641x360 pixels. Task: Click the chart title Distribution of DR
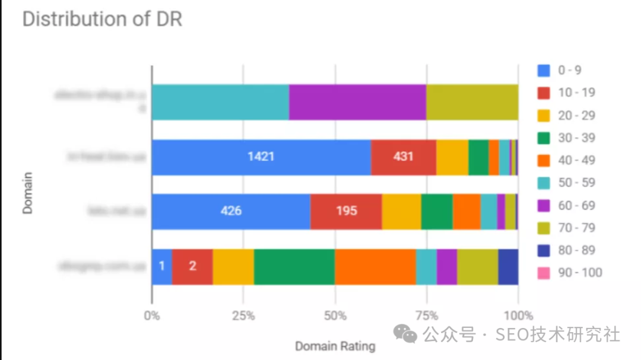pos(101,19)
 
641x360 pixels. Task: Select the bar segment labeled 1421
pos(261,157)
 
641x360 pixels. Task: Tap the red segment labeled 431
pos(403,157)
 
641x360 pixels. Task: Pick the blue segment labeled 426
pos(231,211)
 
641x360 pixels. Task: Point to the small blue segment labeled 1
pos(161,266)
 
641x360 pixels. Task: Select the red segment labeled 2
pos(192,266)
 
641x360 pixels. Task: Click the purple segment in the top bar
pos(357,102)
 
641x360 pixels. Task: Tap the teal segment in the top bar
pos(220,102)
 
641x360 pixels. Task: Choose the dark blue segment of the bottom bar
pos(508,266)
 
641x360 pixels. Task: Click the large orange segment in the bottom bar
pos(375,266)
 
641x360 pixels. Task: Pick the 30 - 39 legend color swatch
pos(544,138)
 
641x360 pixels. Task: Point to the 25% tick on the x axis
pos(243,316)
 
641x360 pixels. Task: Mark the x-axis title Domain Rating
pos(335,346)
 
